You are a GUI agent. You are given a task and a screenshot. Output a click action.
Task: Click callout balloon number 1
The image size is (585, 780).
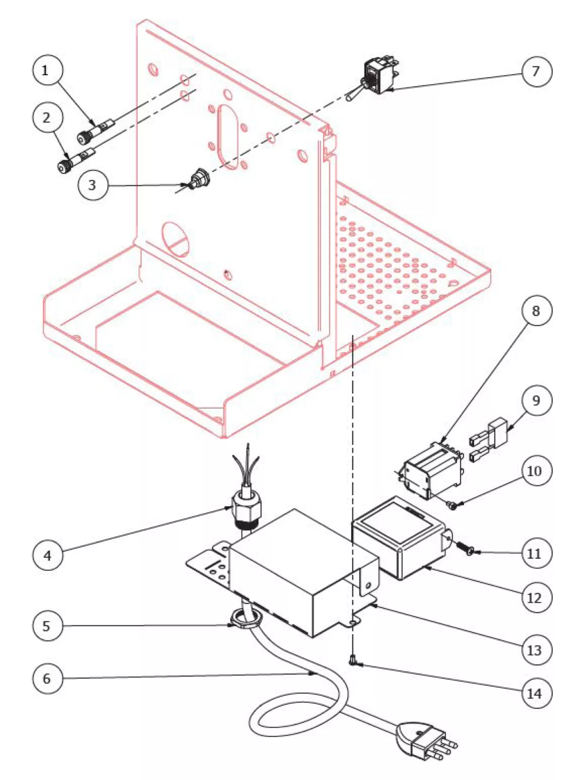(x=47, y=71)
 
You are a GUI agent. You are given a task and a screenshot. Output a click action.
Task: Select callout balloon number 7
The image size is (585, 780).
(x=536, y=72)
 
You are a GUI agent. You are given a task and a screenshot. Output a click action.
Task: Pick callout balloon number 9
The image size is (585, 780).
(x=536, y=401)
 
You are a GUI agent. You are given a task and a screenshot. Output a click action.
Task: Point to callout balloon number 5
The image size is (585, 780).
(x=47, y=626)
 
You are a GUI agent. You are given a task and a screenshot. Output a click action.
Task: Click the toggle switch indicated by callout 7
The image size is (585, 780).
(x=378, y=77)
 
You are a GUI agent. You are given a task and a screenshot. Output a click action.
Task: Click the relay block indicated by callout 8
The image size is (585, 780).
(x=429, y=470)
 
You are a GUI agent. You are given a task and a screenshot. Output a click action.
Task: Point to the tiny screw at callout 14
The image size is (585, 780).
(x=352, y=661)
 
